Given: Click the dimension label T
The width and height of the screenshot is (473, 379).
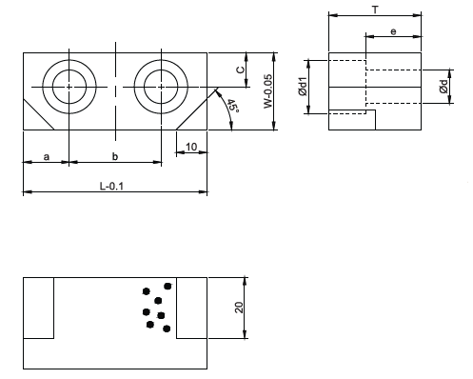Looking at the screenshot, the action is [375, 10].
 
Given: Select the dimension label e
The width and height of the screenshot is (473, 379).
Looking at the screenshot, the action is [393, 31].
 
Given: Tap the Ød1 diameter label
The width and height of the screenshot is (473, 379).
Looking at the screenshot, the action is [303, 87].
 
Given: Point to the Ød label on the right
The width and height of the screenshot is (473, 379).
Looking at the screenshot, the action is [443, 87].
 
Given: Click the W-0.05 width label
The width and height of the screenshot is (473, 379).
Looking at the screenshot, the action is [268, 91].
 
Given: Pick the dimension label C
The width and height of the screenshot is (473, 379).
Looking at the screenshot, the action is [241, 70].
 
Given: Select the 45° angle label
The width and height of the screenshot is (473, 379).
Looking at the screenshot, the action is [233, 106].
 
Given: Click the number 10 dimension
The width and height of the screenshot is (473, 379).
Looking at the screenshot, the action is [191, 147].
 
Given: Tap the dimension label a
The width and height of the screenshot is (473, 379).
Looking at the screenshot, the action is [47, 157].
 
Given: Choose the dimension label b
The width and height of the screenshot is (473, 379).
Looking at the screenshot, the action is [115, 156].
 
